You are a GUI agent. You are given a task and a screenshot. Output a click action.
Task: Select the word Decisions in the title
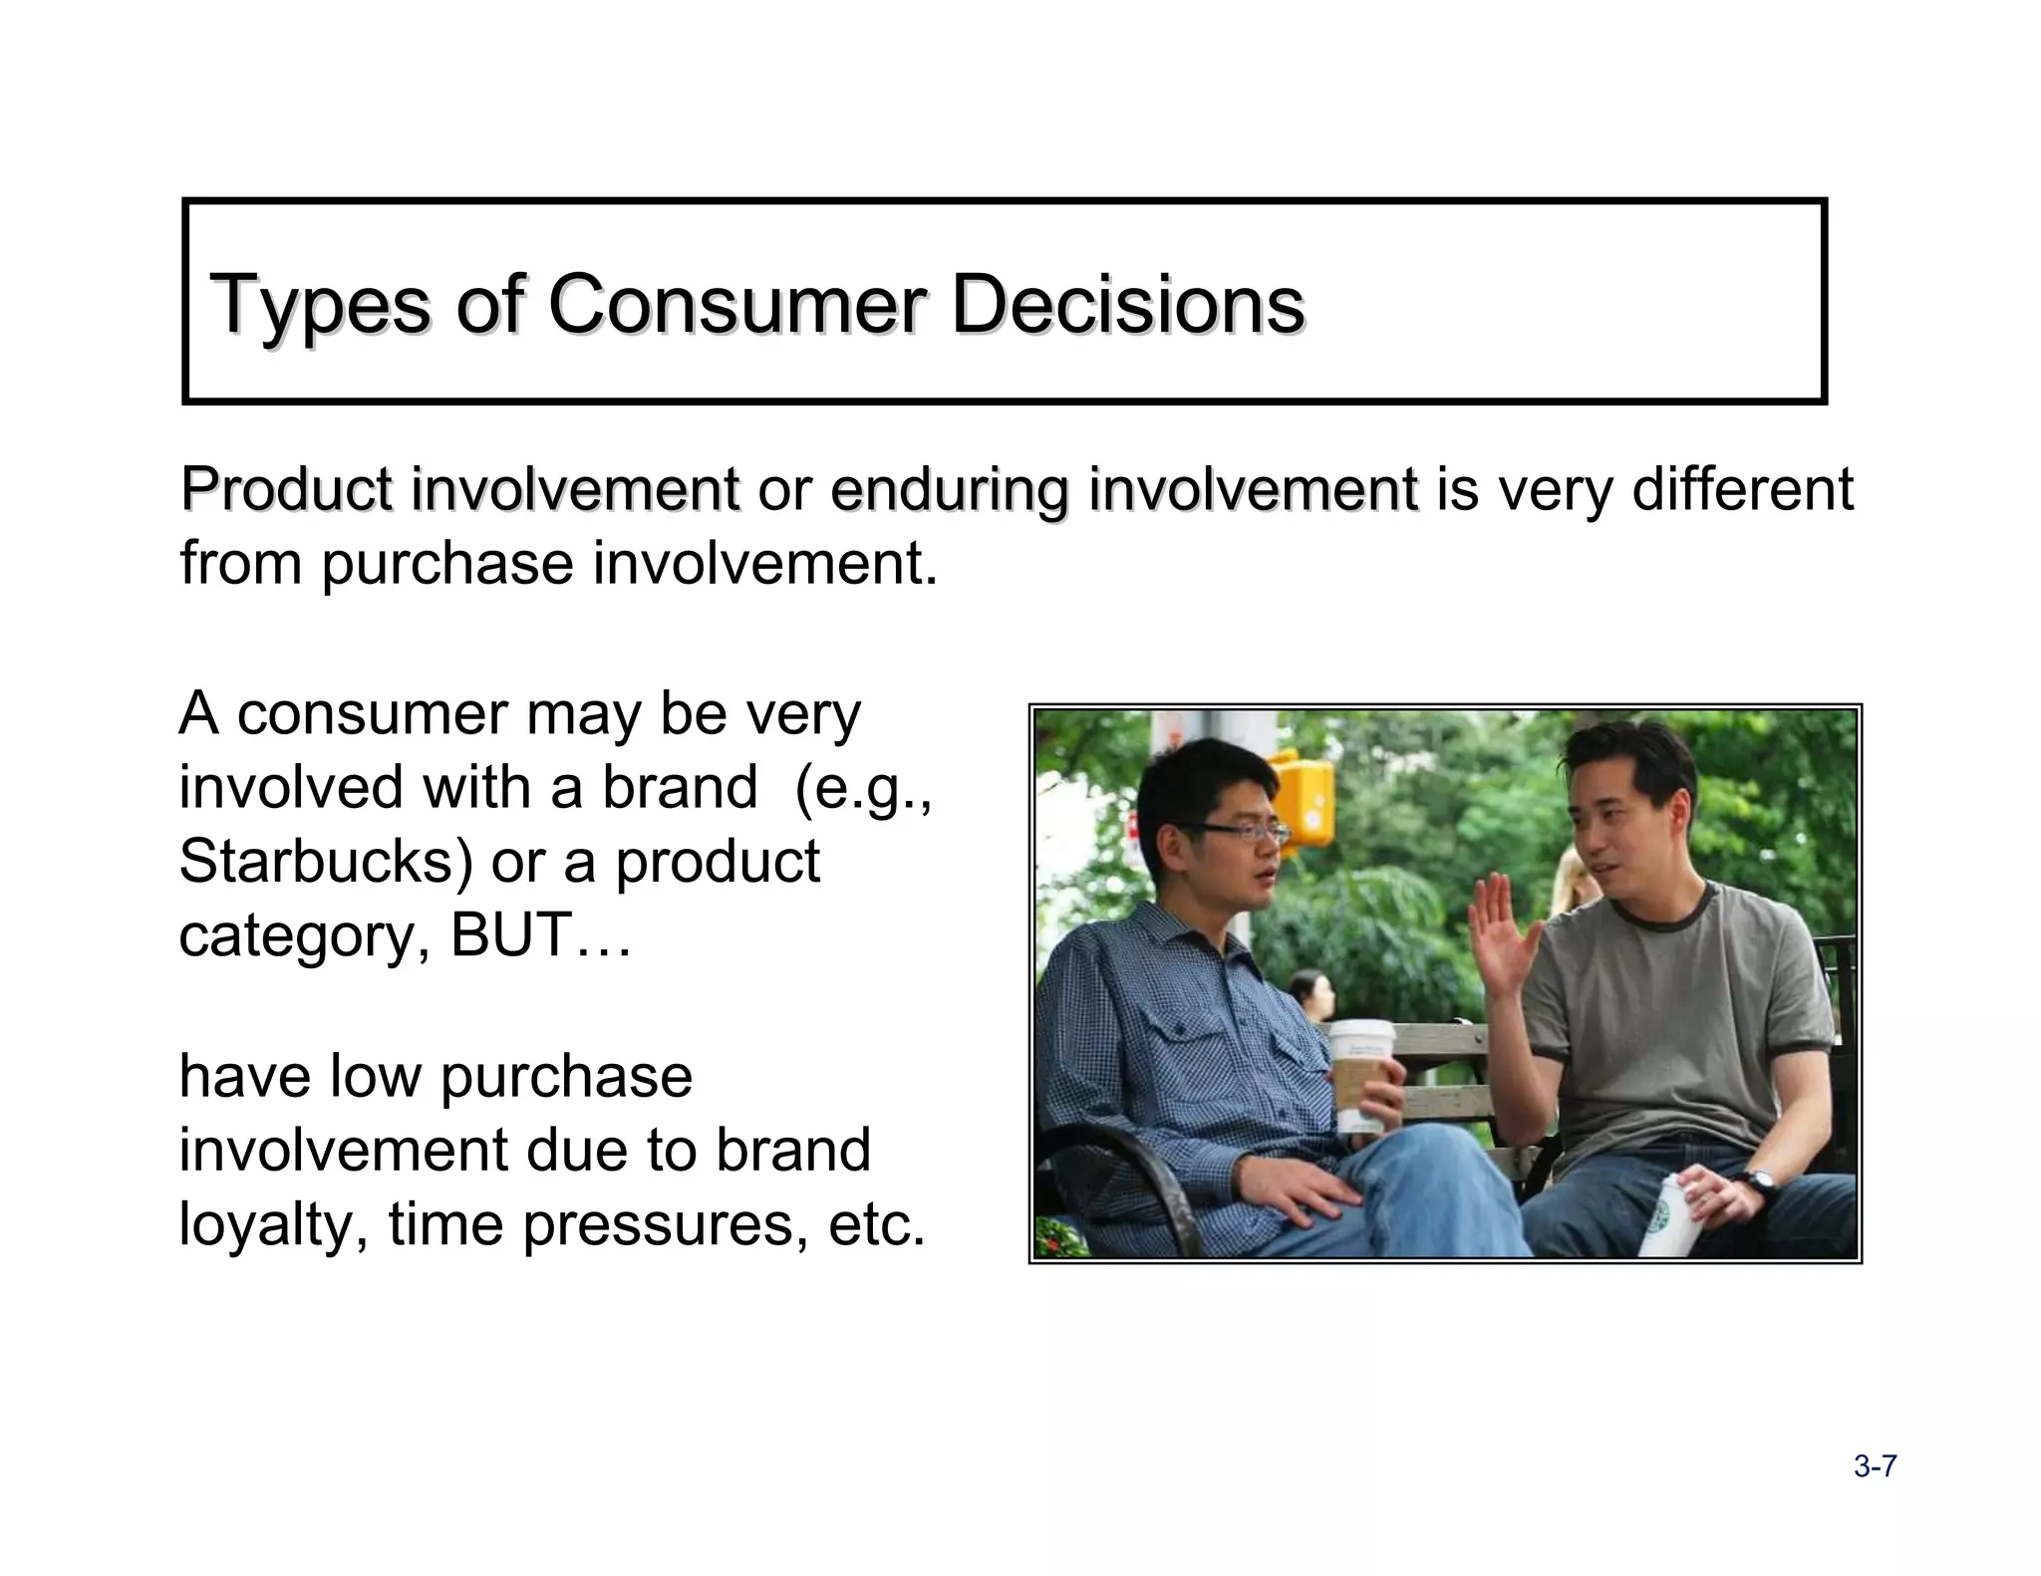pyautogui.click(x=1127, y=304)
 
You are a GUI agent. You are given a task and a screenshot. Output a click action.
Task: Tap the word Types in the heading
pyautogui.click(x=320, y=306)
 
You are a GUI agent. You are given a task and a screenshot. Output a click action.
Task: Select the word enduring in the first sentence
pyautogui.click(x=947, y=490)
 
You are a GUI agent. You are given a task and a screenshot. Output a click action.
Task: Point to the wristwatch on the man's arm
pyautogui.click(x=1761, y=1182)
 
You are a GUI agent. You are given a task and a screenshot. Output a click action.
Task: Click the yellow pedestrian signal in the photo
pyautogui.click(x=1304, y=797)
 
